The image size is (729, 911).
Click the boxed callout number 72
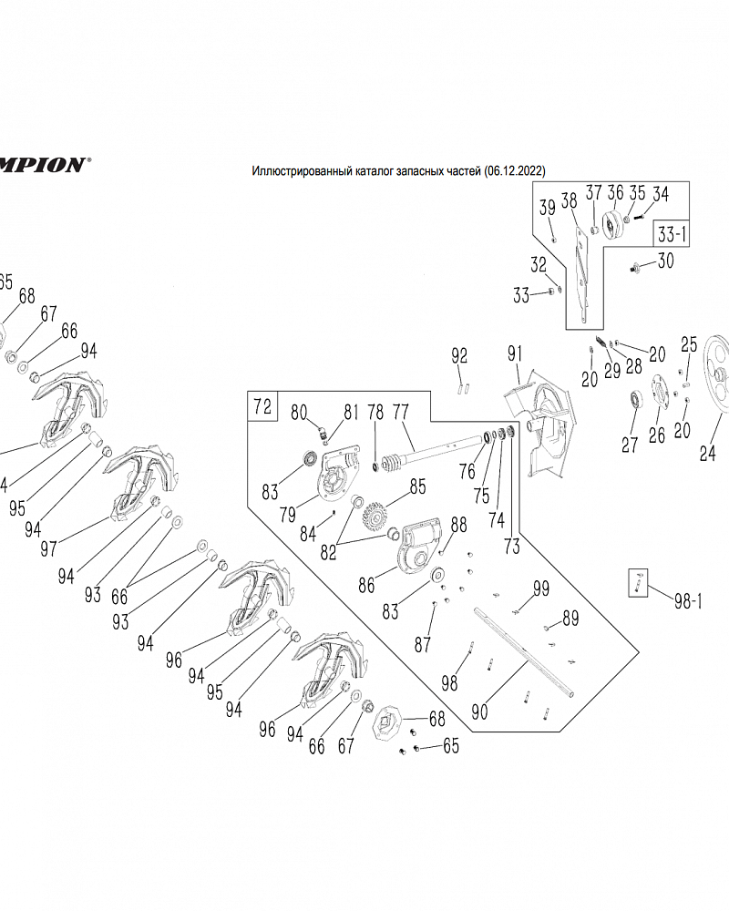click(x=262, y=406)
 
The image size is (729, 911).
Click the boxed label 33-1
click(x=672, y=233)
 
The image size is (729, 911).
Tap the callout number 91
click(x=517, y=353)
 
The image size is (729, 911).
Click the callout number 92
click(x=459, y=354)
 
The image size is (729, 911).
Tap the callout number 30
click(x=665, y=261)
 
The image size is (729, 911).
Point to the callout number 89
click(x=570, y=619)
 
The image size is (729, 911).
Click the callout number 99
click(x=541, y=589)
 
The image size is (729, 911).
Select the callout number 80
click(x=299, y=412)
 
